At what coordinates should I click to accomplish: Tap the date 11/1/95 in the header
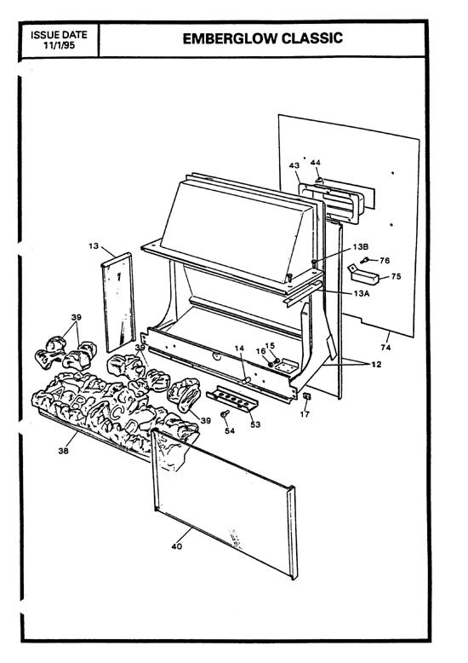[x=60, y=45]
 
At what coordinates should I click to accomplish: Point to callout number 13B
[x=361, y=246]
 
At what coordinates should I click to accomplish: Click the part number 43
[x=294, y=164]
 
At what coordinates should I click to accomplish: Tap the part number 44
[x=316, y=162]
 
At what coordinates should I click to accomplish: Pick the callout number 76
[x=385, y=260]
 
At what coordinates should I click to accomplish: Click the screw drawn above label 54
[x=225, y=415]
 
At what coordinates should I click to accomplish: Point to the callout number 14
[x=239, y=349]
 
